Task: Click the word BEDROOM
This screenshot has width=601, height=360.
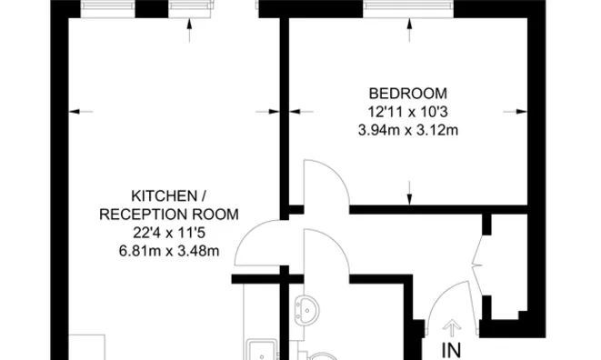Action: point(408,94)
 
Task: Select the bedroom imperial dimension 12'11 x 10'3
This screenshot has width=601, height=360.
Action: point(408,112)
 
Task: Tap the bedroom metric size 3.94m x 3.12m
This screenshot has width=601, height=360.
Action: point(408,130)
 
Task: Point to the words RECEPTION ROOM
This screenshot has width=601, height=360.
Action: point(169,215)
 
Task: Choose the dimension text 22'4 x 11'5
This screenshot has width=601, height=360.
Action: point(169,233)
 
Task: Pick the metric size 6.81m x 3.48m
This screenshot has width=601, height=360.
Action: point(169,251)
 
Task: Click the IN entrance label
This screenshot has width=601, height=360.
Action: point(452,350)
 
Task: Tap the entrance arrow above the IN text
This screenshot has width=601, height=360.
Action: point(452,329)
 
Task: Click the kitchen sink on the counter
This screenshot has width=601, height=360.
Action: point(261,350)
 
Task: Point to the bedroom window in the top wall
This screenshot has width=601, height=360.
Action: point(408,9)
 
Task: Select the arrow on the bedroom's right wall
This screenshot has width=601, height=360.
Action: point(516,112)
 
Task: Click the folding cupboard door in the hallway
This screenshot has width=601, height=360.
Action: point(476,255)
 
